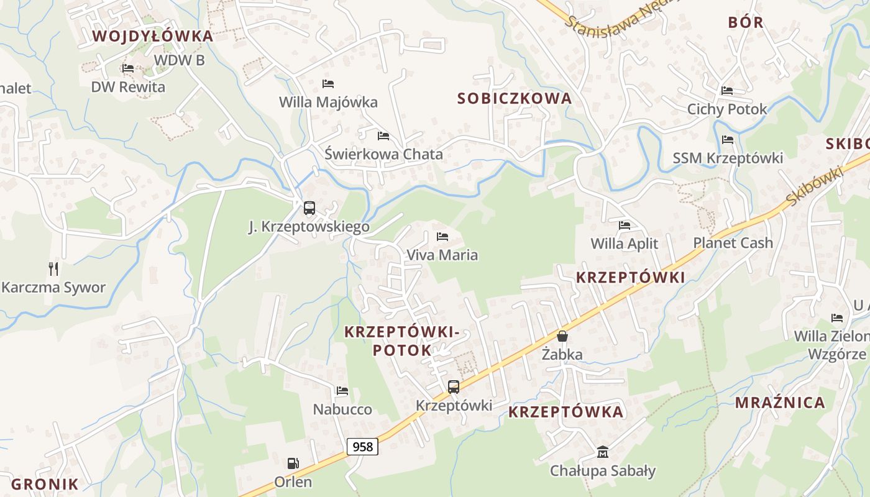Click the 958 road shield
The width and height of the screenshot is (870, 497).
click(362, 447)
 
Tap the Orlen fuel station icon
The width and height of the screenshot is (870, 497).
click(293, 463)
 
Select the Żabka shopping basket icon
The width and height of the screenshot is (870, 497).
click(562, 336)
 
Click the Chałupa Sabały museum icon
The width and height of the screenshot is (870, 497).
click(602, 452)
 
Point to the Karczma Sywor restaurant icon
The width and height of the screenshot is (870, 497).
click(53, 268)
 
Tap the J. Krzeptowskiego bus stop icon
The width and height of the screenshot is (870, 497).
click(309, 208)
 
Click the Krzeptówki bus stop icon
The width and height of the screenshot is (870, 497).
click(454, 387)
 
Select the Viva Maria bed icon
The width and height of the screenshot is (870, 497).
click(442, 237)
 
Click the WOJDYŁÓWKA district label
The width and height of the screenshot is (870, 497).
click(153, 36)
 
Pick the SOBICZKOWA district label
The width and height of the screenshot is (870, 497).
click(515, 98)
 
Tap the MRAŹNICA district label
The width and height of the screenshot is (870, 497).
click(780, 403)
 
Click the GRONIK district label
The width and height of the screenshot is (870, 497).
click(45, 485)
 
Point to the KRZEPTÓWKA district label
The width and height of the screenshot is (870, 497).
click(565, 412)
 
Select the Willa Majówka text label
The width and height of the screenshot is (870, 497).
click(328, 102)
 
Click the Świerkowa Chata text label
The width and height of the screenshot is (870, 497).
click(383, 154)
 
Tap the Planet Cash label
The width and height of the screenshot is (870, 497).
click(733, 243)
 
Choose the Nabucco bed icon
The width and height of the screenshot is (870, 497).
click(342, 391)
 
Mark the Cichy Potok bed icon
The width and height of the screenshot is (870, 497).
click(727, 91)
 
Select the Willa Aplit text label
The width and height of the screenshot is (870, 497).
click(624, 244)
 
